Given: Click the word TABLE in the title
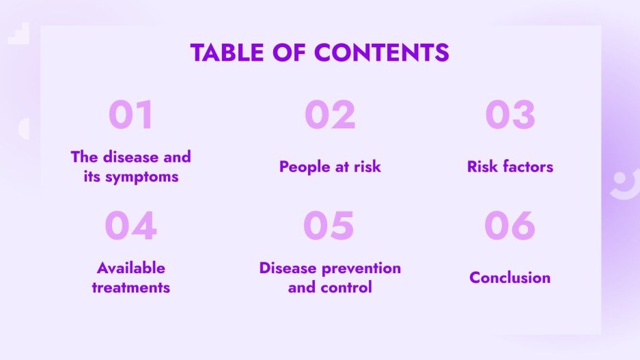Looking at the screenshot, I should point(225,53).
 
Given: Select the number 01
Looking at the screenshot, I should point(130,115).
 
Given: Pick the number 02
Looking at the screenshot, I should point(330,115).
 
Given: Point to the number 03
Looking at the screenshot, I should point(510,115).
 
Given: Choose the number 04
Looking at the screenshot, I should point(130,227).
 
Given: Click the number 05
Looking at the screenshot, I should point(329,227).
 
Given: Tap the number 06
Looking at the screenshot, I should point(510,227).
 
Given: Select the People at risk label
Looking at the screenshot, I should point(330,167).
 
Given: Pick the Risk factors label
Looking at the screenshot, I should point(510,167).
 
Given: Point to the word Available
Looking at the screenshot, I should point(130,268).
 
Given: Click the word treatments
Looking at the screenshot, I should point(130,288).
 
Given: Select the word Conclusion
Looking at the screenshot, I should point(510,278).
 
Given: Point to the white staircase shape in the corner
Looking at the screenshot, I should point(18,34).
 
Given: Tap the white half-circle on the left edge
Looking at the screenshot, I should point(24,128).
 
